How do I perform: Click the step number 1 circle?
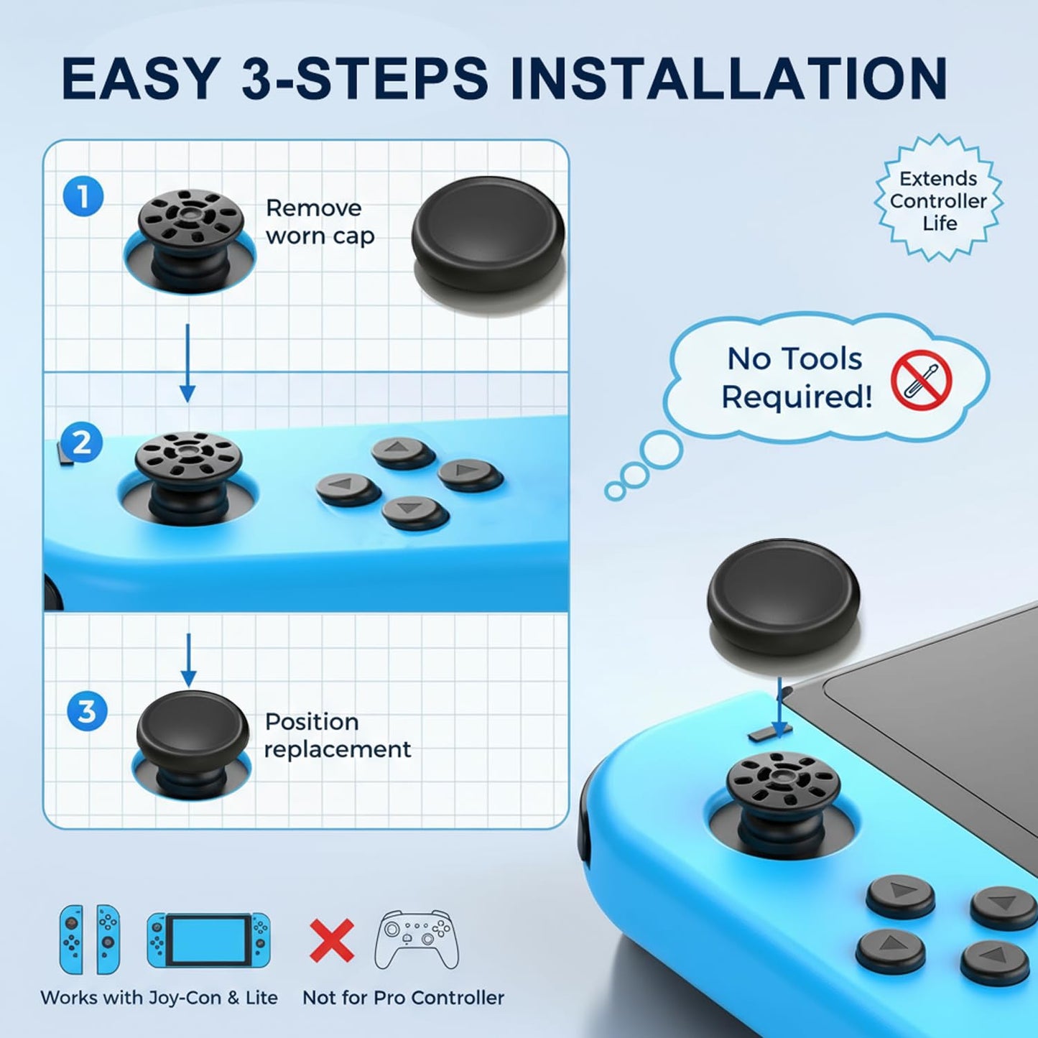coord(83,196)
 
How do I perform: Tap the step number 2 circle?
coord(82,442)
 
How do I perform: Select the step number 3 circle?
coord(87,711)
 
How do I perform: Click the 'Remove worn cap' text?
coord(320,222)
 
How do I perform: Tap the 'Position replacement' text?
coord(337,735)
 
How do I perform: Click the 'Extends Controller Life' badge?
coord(938,200)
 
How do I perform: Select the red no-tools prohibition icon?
coord(921,380)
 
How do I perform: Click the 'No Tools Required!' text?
coord(796,377)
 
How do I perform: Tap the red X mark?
coord(332,940)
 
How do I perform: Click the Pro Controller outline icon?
coord(417,940)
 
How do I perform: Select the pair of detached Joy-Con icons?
coord(90,939)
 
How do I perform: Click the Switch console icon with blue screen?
coord(208,940)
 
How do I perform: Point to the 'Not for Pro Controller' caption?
coord(403,997)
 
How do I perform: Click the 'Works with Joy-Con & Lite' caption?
coord(159,997)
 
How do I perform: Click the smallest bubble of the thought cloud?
coord(615,491)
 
